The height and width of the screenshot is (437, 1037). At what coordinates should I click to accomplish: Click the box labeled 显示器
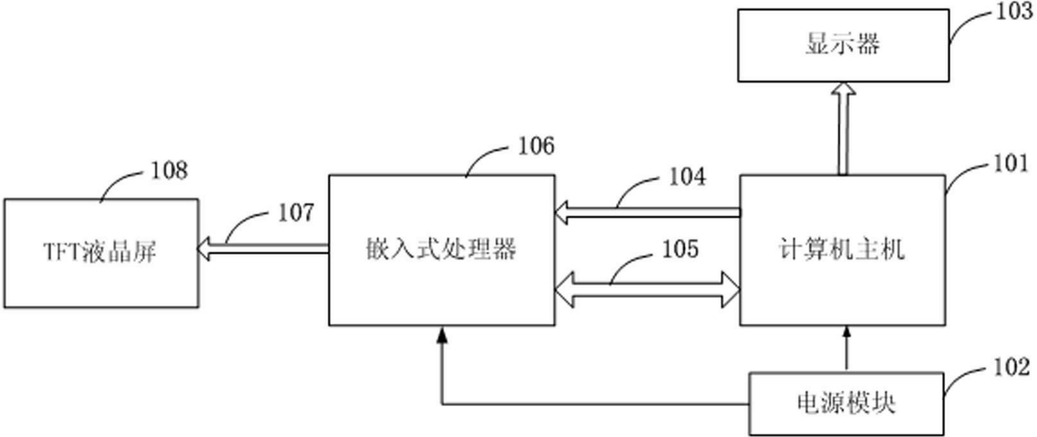[843, 45]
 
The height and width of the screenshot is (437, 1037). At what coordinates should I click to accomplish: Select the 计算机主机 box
[843, 250]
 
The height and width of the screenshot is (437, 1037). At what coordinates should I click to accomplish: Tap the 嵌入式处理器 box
[442, 250]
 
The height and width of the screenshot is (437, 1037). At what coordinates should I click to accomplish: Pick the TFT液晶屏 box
[101, 254]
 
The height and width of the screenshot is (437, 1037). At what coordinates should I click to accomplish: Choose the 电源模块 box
[846, 404]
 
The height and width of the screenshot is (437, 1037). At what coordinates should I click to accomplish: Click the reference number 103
[1014, 12]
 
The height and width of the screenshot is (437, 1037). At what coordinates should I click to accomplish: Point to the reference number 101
[1011, 164]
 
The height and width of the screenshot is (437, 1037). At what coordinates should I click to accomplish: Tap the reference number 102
[1012, 367]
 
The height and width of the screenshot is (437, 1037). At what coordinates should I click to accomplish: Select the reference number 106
[536, 146]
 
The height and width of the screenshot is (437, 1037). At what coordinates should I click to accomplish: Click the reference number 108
[170, 170]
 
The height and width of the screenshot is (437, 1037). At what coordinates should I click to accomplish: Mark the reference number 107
[296, 213]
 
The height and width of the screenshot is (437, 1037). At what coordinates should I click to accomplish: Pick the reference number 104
[687, 177]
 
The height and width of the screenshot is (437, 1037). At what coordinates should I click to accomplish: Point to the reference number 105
[680, 249]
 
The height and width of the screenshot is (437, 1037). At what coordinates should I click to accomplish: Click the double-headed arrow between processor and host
[647, 290]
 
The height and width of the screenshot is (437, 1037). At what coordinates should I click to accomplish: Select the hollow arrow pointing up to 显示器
[843, 129]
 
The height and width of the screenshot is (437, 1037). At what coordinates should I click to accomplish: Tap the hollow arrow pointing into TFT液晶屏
[263, 249]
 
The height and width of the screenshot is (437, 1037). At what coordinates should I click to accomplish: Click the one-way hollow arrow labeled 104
[647, 213]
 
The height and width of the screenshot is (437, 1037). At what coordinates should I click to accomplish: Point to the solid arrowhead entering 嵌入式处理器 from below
[442, 335]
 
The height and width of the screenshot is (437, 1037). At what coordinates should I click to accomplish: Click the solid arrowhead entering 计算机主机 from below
[846, 332]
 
